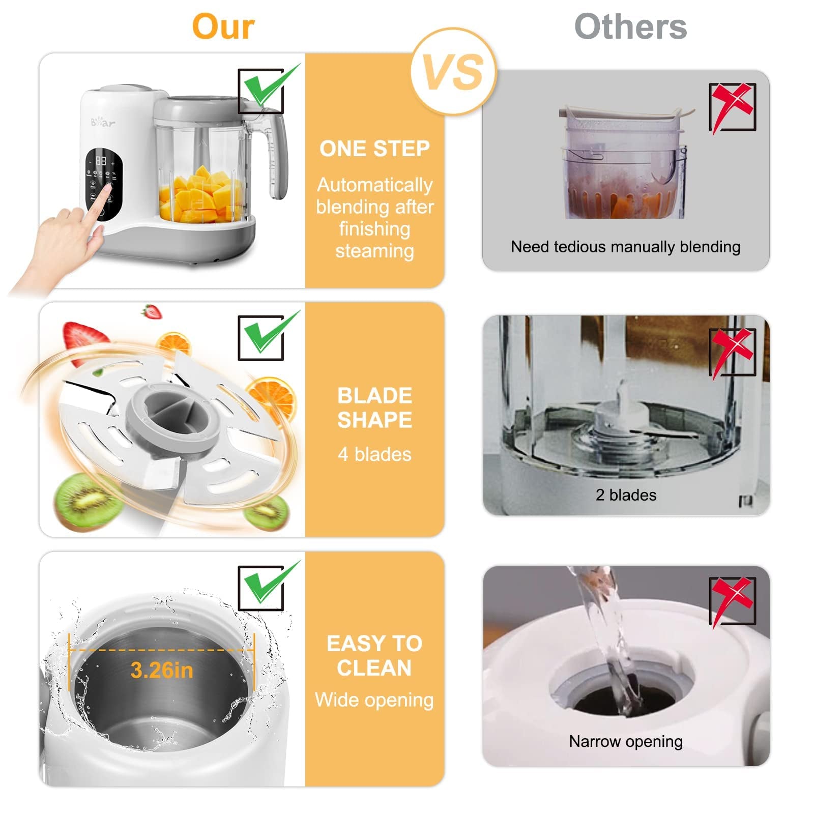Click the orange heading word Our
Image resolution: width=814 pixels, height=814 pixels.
[x=223, y=26]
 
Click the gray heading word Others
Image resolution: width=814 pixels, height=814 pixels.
[x=630, y=26]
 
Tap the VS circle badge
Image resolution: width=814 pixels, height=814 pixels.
[x=454, y=71]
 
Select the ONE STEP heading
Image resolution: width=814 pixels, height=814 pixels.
[x=374, y=149]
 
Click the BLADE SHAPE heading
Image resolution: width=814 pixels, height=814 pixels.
[x=374, y=408]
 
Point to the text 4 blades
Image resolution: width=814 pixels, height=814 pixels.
[x=374, y=454]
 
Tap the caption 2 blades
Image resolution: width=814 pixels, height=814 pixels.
[x=626, y=495]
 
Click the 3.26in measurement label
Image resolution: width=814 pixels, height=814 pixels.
[x=162, y=670]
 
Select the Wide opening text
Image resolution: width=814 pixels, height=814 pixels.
[x=374, y=700]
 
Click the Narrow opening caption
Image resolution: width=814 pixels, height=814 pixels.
[x=626, y=741]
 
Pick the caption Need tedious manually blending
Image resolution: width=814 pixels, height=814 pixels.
[x=626, y=247]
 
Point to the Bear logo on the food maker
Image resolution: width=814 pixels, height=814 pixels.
[x=103, y=122]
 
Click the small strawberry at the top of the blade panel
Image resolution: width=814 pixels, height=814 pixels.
[x=152, y=311]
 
